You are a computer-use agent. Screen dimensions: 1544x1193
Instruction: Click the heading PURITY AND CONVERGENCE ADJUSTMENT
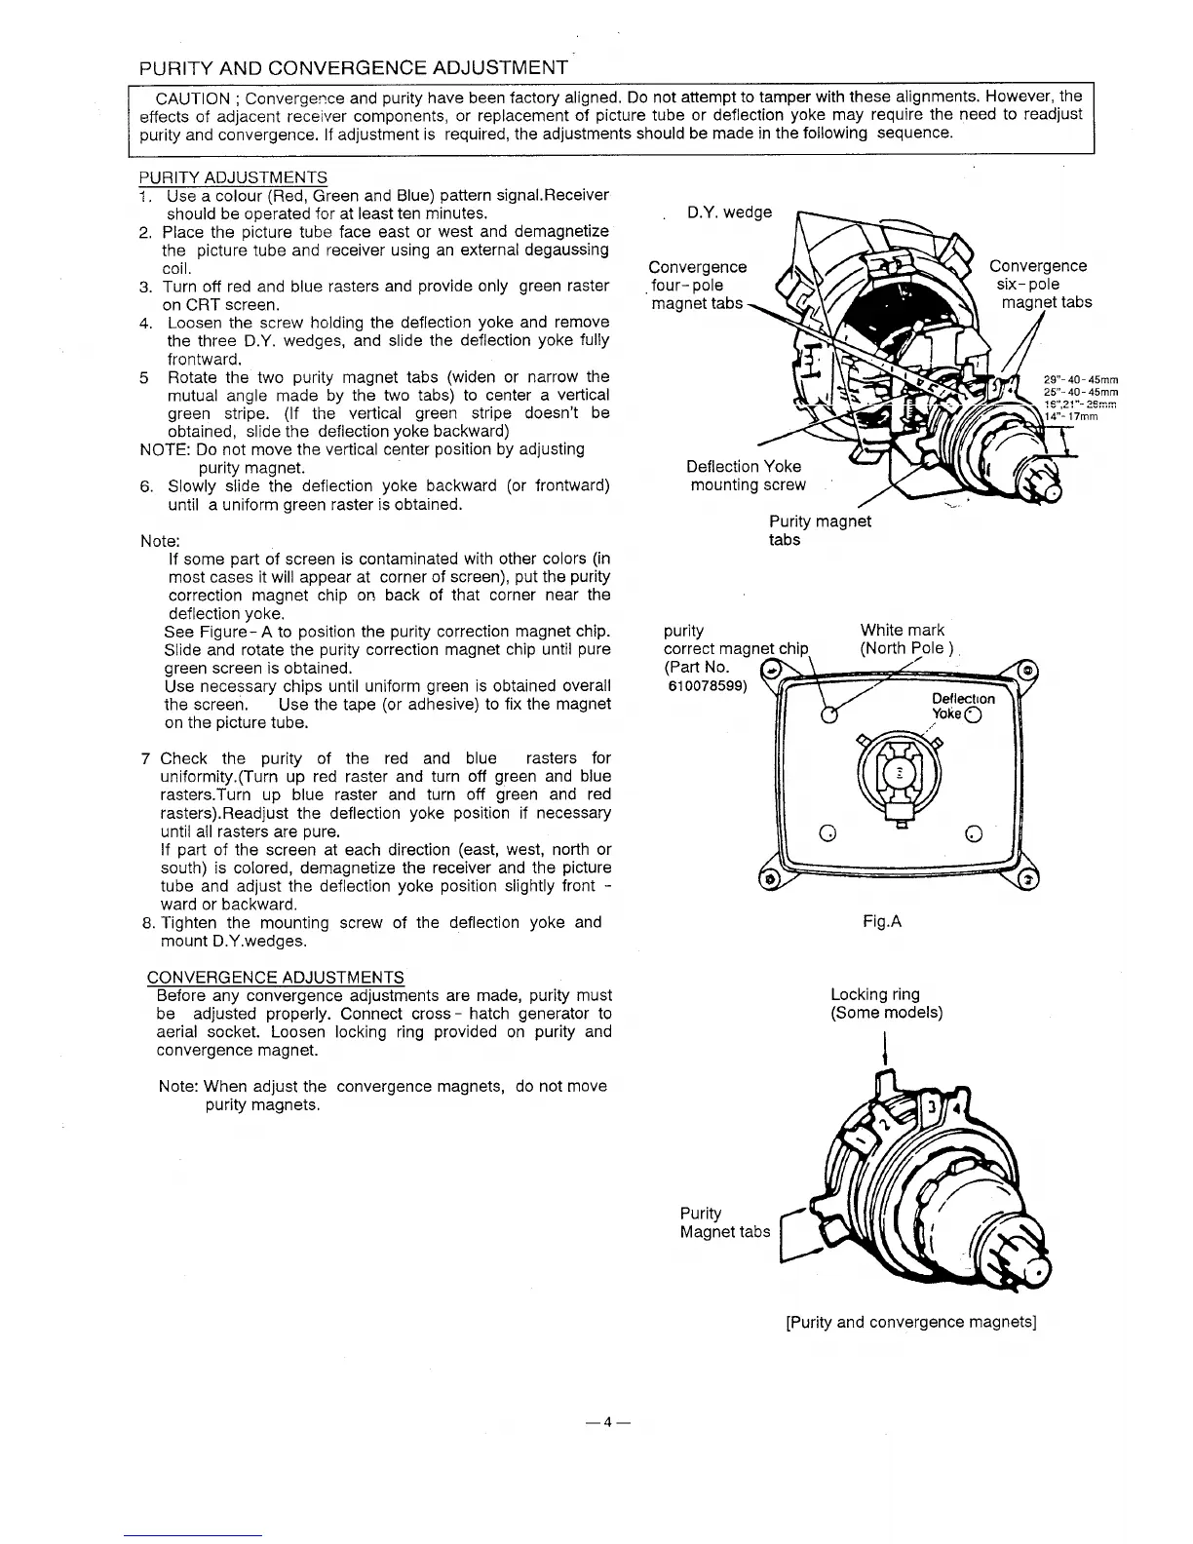[354, 68]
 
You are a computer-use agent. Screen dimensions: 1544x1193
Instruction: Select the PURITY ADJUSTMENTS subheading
[233, 177]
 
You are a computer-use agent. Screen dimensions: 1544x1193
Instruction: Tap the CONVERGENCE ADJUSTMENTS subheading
[275, 978]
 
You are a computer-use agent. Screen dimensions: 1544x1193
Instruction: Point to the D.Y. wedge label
[729, 212]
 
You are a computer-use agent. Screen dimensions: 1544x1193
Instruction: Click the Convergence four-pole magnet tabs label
[698, 285]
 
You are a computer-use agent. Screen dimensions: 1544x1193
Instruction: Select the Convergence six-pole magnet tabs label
[1039, 284]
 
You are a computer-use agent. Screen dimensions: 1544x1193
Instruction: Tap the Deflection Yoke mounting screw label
[747, 476]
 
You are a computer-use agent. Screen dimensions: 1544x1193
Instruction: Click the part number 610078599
[705, 685]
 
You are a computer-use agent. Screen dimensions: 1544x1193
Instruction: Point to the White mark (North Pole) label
[904, 639]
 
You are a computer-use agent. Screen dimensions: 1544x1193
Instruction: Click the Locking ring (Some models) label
[885, 1003]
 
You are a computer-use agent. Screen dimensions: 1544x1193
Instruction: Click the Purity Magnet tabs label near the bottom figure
[724, 1222]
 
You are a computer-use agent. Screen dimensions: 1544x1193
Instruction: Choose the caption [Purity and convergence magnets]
[910, 1323]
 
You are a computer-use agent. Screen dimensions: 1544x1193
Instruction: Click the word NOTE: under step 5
[166, 449]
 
